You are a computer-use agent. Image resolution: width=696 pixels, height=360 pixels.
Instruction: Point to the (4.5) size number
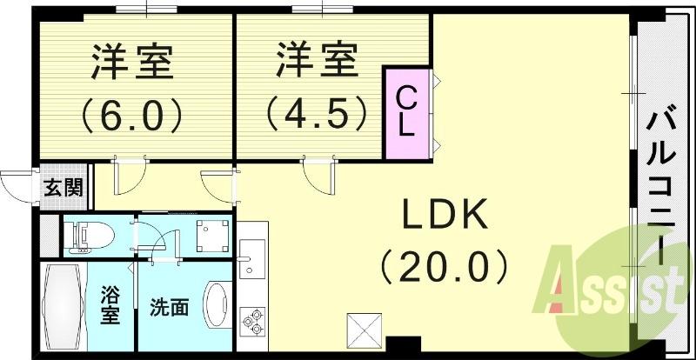tap(318, 112)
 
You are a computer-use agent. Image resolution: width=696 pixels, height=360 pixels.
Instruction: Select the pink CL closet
tap(407, 114)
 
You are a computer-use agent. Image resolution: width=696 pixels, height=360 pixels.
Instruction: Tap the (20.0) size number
tap(445, 264)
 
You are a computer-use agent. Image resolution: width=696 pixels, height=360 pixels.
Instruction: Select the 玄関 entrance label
tap(64, 186)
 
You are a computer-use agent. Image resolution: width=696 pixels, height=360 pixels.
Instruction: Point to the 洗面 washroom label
tap(170, 307)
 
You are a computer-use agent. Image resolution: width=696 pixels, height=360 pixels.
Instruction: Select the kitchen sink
tap(249, 261)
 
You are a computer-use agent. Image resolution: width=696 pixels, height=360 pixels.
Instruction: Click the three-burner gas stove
tap(253, 323)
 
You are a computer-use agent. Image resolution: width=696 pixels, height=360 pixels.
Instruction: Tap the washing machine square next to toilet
tap(211, 234)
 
